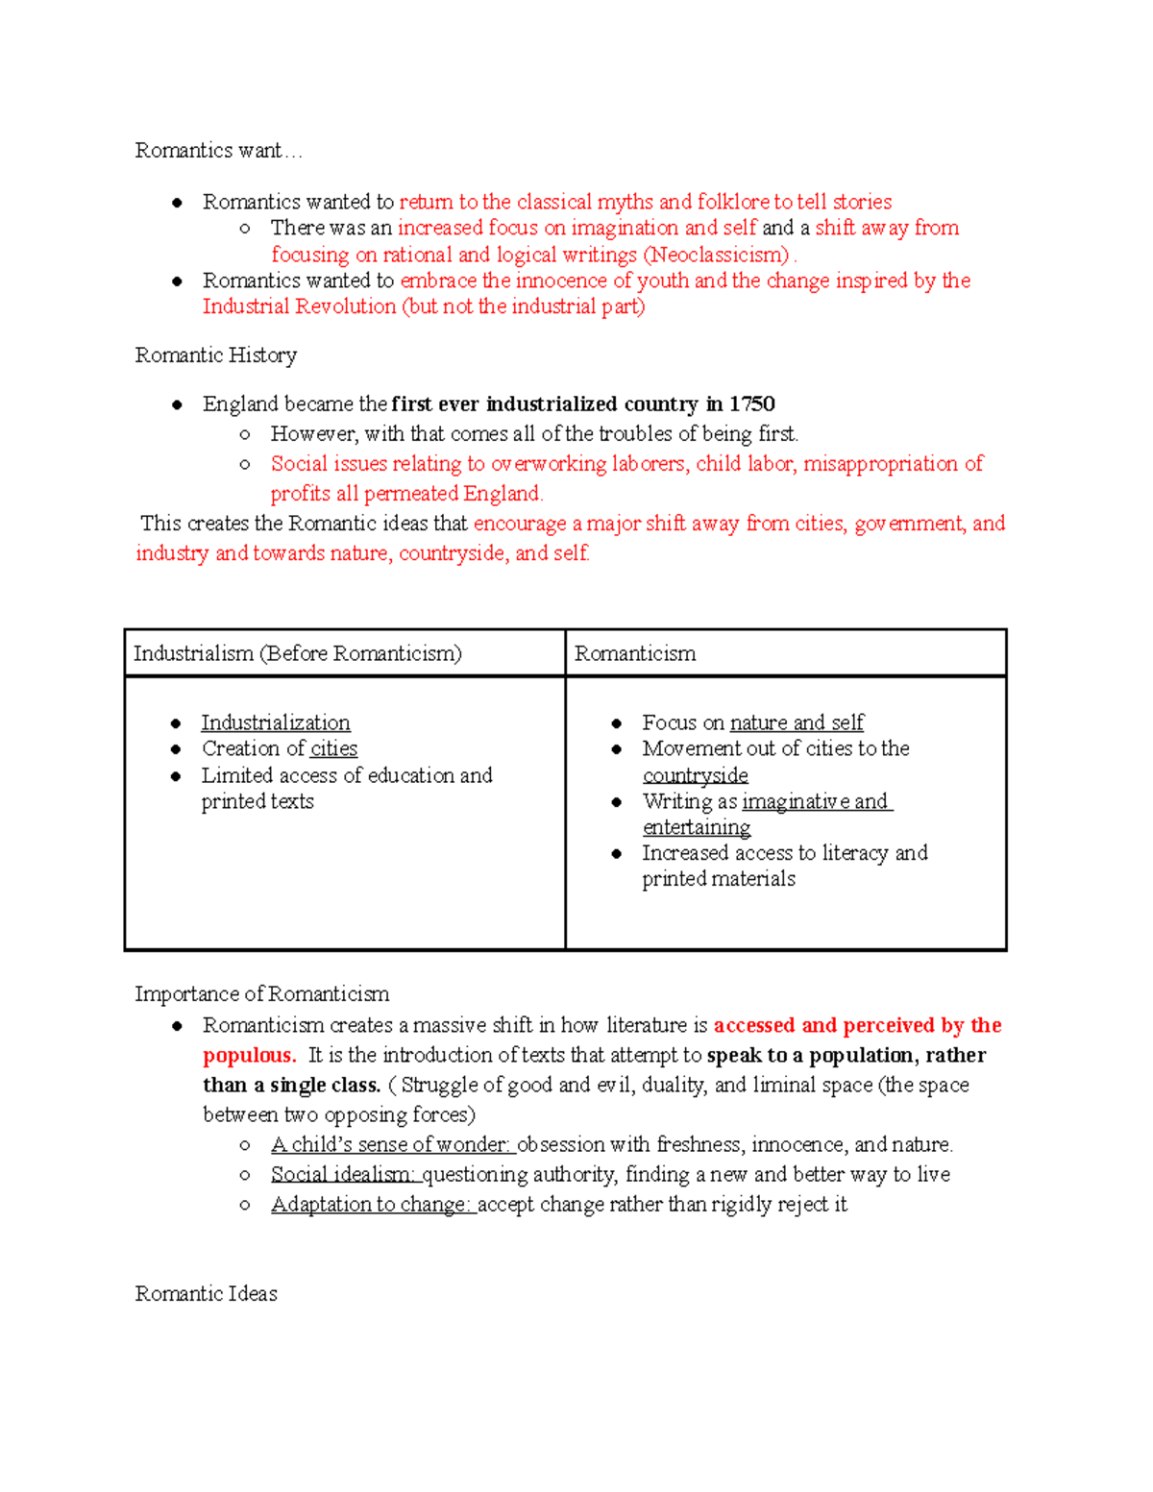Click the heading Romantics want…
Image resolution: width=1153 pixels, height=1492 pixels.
click(x=218, y=151)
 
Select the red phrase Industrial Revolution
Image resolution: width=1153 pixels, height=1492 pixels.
click(x=299, y=306)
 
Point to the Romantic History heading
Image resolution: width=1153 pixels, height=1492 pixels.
click(x=215, y=355)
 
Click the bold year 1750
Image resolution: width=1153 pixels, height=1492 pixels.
click(x=751, y=404)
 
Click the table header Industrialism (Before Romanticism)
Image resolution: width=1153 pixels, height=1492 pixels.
click(x=297, y=653)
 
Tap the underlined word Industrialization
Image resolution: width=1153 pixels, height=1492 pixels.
click(x=276, y=722)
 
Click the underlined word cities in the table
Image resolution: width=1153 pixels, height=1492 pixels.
click(x=333, y=748)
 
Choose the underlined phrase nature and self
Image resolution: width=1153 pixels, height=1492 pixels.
click(x=796, y=722)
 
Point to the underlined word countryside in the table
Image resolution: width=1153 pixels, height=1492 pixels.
click(x=695, y=775)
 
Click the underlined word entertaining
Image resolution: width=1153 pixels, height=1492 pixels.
click(x=697, y=827)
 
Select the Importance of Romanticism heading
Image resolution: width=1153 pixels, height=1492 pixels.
click(x=261, y=993)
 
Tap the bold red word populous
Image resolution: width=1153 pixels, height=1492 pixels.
click(x=249, y=1055)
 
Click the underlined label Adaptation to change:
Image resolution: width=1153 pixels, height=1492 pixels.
click(x=372, y=1204)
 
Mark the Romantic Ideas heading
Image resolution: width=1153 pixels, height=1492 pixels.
click(x=206, y=1294)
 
